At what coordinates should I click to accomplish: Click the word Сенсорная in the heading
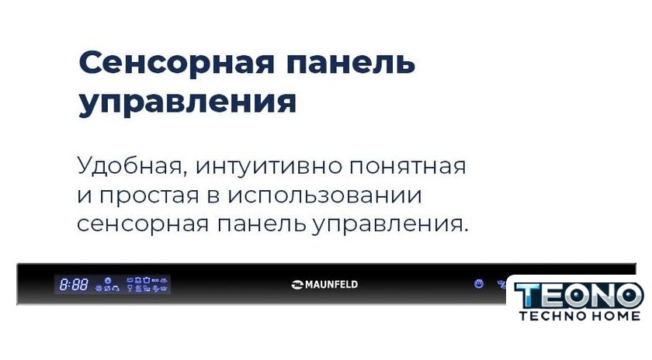coord(177,63)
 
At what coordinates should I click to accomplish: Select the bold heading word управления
coord(188,102)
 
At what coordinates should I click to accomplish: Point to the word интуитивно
coord(269,166)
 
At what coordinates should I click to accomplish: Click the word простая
coord(149,196)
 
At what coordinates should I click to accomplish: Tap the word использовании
coord(324,196)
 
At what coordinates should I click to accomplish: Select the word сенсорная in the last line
coord(143,224)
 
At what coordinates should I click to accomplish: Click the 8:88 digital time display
coord(74,285)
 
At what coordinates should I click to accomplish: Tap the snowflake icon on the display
coord(99,288)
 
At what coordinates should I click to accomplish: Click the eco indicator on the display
coord(155,281)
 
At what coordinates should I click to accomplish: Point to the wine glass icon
coord(130,288)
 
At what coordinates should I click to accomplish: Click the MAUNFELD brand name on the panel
coord(331,285)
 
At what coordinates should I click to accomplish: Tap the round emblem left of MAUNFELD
coord(297,285)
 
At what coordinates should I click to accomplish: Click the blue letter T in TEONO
coord(528,296)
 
